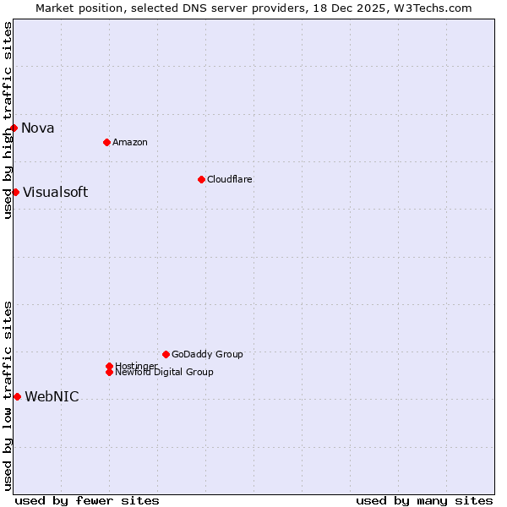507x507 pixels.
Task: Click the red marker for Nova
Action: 14,128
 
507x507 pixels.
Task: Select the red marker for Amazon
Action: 106,142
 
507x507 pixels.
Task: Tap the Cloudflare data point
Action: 201,179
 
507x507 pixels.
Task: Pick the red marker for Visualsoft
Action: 15,192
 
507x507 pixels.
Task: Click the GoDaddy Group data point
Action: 166,354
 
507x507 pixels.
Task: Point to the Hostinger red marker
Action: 109,366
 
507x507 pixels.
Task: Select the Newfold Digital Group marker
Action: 109,372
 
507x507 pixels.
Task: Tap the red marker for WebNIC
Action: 17,396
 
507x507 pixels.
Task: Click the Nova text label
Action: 38,128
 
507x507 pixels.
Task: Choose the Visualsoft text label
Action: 55,192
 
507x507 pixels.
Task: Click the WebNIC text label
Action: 52,397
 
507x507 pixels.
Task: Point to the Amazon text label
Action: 130,142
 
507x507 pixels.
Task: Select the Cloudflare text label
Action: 230,179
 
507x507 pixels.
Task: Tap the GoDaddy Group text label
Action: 207,354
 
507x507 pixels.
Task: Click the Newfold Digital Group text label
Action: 165,373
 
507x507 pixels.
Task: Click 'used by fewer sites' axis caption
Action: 87,500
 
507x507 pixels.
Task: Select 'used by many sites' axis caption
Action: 424,500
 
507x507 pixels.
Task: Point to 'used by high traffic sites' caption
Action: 8,120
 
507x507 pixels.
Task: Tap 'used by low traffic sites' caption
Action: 8,395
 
